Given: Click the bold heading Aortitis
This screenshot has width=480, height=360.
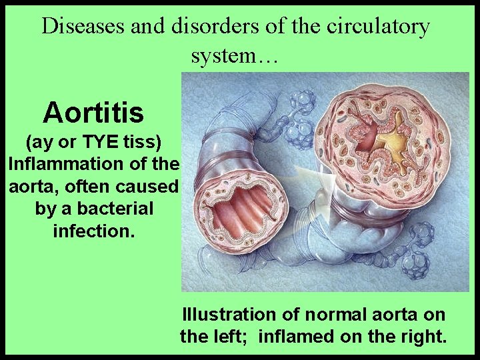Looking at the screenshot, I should pos(93,113).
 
